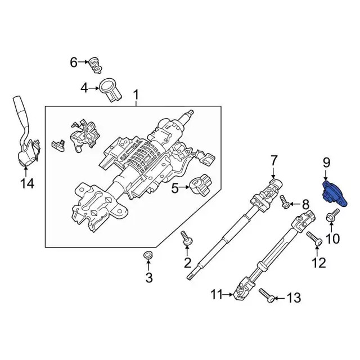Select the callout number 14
tap(27, 183)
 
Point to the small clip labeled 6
tap(94, 66)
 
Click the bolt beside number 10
tap(332, 215)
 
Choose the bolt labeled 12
tap(314, 241)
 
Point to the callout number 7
tap(273, 160)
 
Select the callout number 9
tap(326, 164)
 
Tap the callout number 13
tap(294, 298)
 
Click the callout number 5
tap(175, 188)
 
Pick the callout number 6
tap(73, 62)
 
